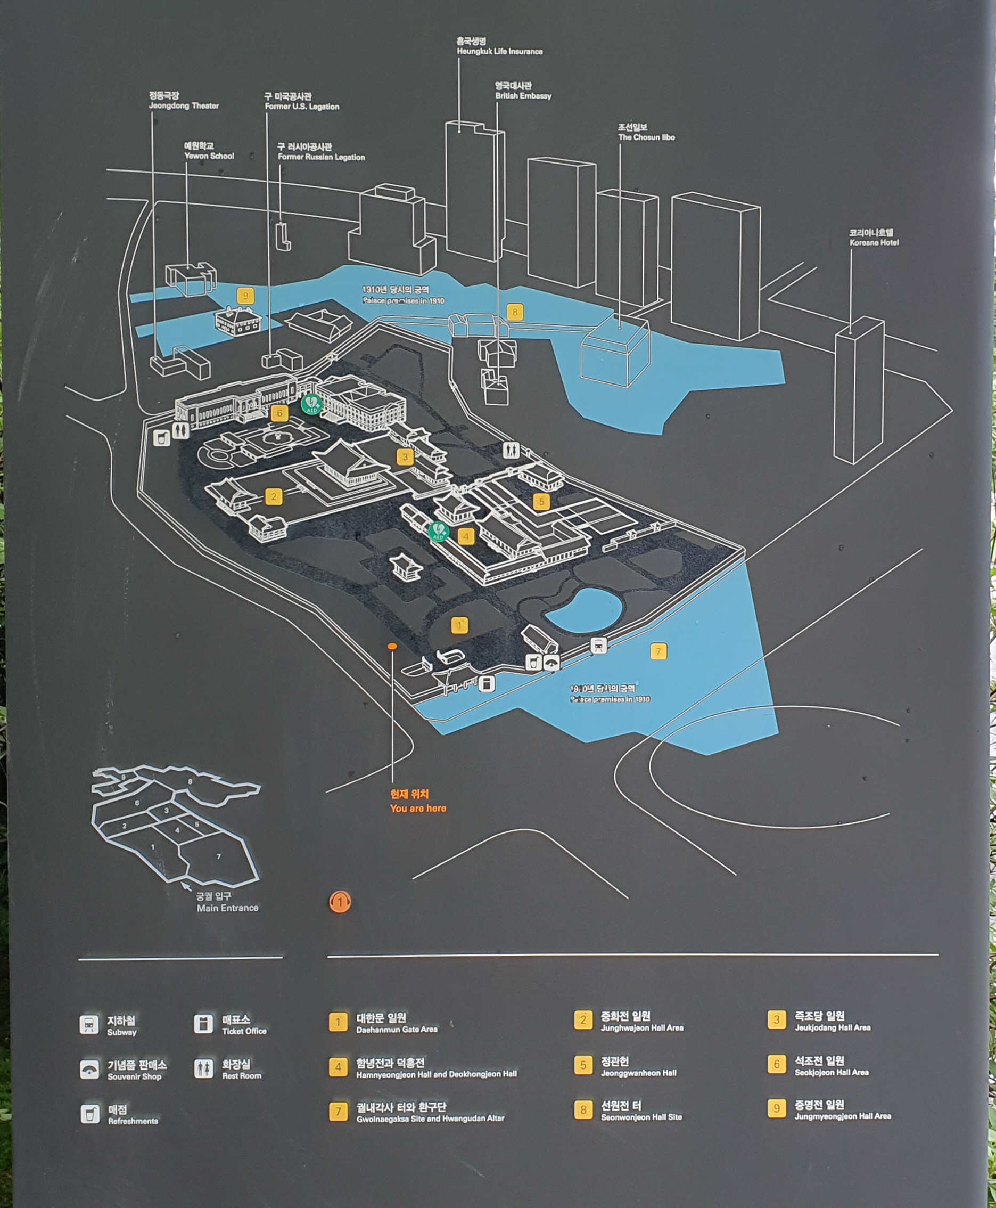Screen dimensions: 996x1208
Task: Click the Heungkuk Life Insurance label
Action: (499, 46)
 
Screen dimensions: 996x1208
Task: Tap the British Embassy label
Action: (523, 91)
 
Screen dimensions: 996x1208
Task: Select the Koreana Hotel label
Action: (874, 238)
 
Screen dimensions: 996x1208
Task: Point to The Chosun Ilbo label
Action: (646, 133)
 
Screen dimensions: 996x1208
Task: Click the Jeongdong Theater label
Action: (184, 101)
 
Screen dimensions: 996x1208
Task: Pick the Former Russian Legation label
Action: (320, 152)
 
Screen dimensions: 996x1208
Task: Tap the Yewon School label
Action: (209, 151)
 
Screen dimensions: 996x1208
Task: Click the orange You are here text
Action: (417, 801)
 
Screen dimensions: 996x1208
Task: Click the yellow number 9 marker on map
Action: (245, 296)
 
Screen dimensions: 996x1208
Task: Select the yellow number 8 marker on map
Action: (515, 312)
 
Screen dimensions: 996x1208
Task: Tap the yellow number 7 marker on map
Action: (658, 651)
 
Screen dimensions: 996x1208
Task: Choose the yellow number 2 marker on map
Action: (274, 496)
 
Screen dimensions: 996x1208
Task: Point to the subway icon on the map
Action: (598, 645)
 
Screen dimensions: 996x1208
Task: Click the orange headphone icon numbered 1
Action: (340, 902)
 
